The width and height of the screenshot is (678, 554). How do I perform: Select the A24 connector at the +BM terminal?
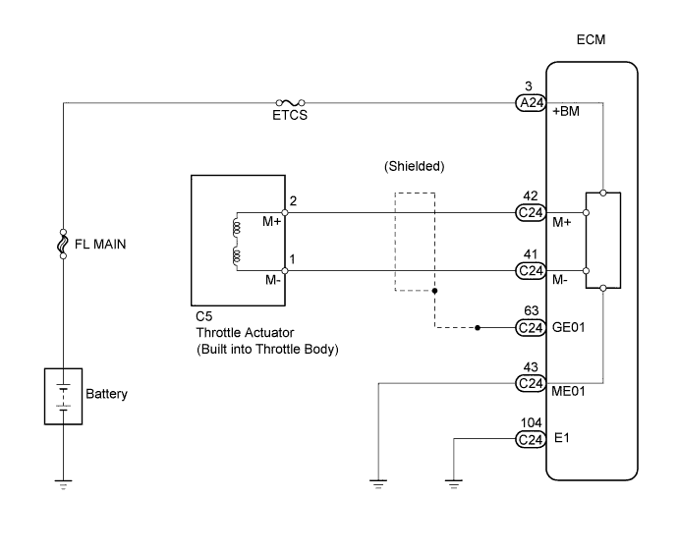[531, 101]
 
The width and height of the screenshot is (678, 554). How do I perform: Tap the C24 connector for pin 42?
[531, 211]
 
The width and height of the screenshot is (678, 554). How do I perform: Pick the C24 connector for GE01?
[531, 328]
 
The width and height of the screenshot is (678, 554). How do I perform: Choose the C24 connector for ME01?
[531, 383]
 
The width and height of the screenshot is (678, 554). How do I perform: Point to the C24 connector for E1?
[531, 439]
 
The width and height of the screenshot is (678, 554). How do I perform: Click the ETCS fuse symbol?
[291, 101]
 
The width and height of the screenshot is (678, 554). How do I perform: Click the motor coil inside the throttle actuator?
[236, 242]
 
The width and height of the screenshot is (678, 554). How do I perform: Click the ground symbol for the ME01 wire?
[378, 482]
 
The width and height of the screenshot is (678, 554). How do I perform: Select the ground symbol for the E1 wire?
[454, 482]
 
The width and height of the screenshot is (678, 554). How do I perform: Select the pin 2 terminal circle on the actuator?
[285, 211]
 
